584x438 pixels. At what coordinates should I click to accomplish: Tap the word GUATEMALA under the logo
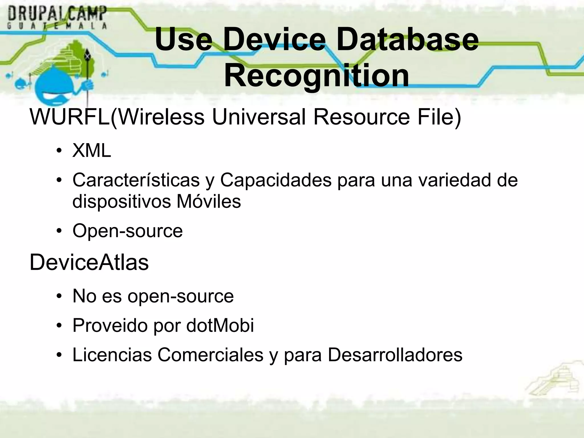57,26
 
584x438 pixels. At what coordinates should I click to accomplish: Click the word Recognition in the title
317,76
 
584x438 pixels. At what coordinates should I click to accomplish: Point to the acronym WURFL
70,117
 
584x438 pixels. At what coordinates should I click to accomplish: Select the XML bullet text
92,150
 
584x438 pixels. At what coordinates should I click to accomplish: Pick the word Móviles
208,201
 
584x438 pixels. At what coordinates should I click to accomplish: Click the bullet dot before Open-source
59,231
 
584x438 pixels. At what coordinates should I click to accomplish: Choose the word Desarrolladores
395,355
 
